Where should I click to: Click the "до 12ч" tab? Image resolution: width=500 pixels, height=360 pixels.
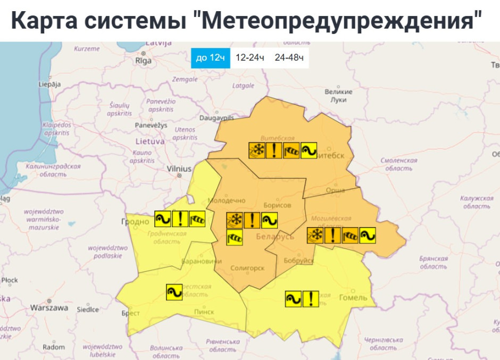(211, 57)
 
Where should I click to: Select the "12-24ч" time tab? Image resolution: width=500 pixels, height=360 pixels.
(249, 57)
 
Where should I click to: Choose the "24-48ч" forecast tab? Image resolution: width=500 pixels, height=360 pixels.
(289, 57)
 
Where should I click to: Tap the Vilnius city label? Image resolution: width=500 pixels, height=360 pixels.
(179, 169)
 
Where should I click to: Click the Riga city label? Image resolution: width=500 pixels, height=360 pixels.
(143, 61)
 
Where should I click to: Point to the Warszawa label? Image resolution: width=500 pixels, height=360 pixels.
(49, 307)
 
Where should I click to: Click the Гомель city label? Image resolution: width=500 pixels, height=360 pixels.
(353, 297)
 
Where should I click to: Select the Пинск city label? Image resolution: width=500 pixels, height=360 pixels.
(204, 312)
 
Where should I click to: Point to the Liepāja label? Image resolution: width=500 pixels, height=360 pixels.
(49, 84)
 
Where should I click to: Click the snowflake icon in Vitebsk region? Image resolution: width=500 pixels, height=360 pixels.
(256, 150)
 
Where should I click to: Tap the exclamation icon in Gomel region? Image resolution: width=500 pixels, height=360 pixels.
(310, 299)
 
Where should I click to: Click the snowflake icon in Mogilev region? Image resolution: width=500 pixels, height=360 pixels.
(315, 235)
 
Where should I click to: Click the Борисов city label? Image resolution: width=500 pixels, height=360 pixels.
(277, 205)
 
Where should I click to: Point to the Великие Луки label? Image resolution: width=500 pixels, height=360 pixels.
(338, 96)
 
